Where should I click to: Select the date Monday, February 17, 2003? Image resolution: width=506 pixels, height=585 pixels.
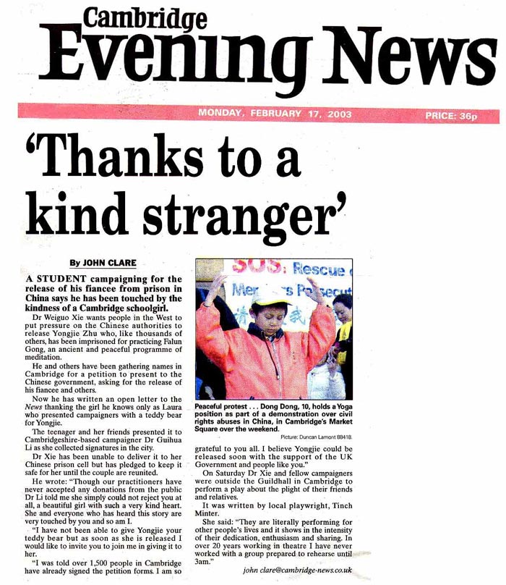pyautogui.click(x=265, y=114)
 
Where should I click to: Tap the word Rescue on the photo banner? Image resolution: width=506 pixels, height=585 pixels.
pyautogui.click(x=325, y=271)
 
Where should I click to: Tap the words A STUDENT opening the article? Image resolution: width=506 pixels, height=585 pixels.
pyautogui.click(x=55, y=278)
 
